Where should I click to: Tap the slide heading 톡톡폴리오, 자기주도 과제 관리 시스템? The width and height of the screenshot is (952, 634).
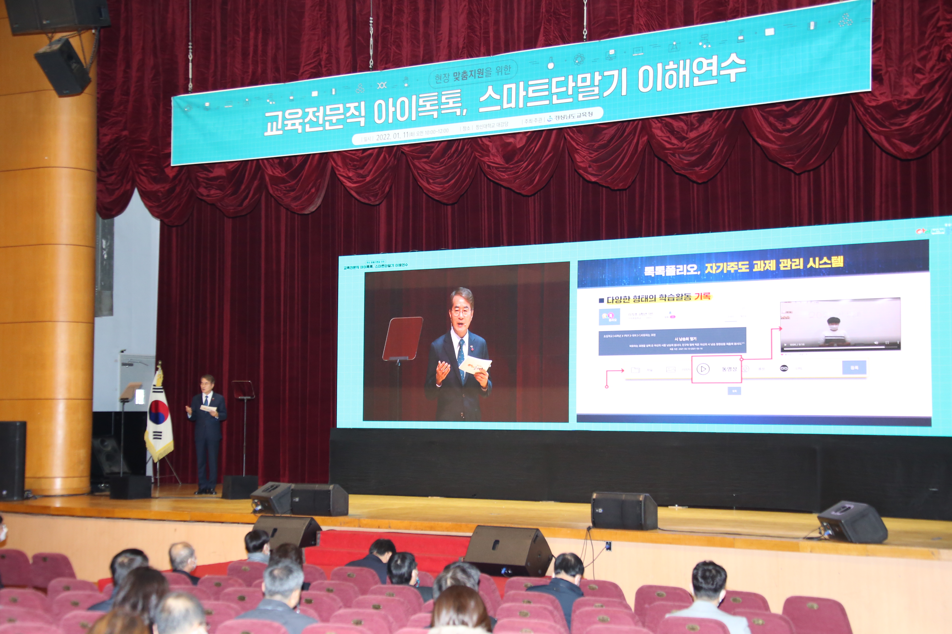[x=744, y=266]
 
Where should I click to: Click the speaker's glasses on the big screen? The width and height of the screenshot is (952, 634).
[x=461, y=312]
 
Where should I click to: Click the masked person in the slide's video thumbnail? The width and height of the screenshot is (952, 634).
[x=833, y=332]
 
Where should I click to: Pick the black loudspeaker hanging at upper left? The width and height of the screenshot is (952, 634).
[x=63, y=67]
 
